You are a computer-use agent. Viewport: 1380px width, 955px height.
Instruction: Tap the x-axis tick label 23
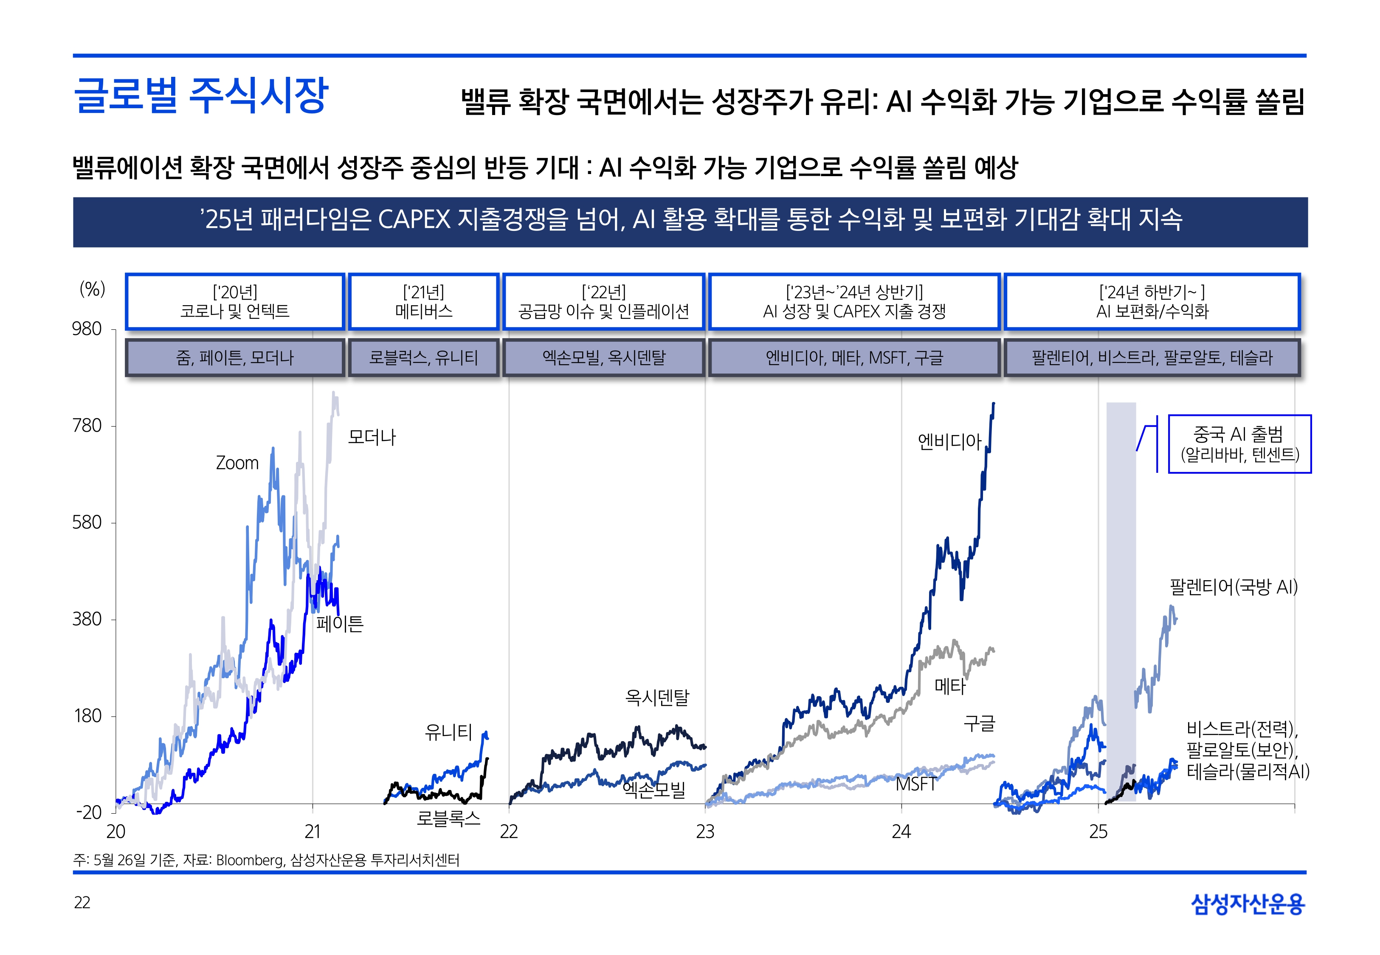pyautogui.click(x=705, y=832)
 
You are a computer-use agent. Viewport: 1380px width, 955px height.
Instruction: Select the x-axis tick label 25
pyautogui.click(x=1098, y=832)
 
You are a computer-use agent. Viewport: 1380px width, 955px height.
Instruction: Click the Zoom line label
pyautogui.click(x=237, y=463)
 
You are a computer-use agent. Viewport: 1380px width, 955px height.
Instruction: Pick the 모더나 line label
pyautogui.click(x=372, y=438)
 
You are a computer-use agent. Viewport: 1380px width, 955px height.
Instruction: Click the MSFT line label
pyautogui.click(x=915, y=784)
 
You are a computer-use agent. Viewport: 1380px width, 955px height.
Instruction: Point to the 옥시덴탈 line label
pyautogui.click(x=657, y=697)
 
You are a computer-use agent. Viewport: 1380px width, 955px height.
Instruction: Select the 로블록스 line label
pyautogui.click(x=448, y=818)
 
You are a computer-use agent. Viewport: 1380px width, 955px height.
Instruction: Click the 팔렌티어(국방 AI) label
pyautogui.click(x=1234, y=587)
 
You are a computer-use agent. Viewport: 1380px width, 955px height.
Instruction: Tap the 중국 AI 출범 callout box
pyautogui.click(x=1239, y=444)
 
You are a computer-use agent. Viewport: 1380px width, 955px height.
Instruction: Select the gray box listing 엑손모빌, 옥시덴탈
pyautogui.click(x=604, y=358)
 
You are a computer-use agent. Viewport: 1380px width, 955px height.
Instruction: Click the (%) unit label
pyautogui.click(x=92, y=289)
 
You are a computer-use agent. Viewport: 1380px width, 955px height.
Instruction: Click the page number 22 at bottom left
pyautogui.click(x=82, y=903)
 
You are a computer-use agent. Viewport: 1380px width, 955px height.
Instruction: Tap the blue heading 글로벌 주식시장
pyautogui.click(x=200, y=96)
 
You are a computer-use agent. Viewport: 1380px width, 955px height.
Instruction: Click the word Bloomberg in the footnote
pyautogui.click(x=250, y=860)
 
